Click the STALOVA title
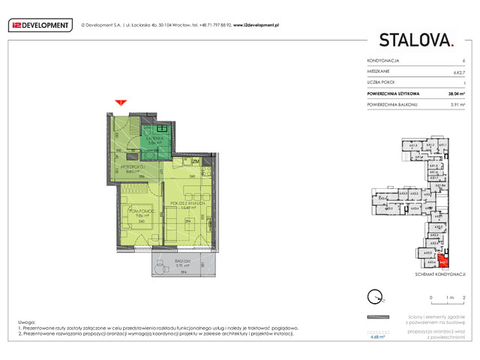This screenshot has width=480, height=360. [416, 40]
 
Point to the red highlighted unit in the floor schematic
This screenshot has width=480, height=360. [442, 262]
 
